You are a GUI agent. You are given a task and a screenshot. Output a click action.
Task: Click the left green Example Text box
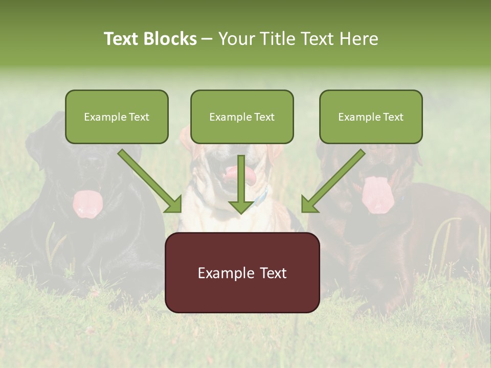pos(117,117)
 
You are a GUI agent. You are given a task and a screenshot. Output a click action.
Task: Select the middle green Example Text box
pos(242,117)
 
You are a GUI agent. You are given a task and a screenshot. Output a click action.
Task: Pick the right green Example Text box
pos(371,117)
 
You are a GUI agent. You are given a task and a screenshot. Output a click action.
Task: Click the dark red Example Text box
pos(242,272)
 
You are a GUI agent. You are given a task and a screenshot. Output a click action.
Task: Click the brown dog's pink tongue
pos(377,194)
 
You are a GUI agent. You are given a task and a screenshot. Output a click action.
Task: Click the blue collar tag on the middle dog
pos(263,195)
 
